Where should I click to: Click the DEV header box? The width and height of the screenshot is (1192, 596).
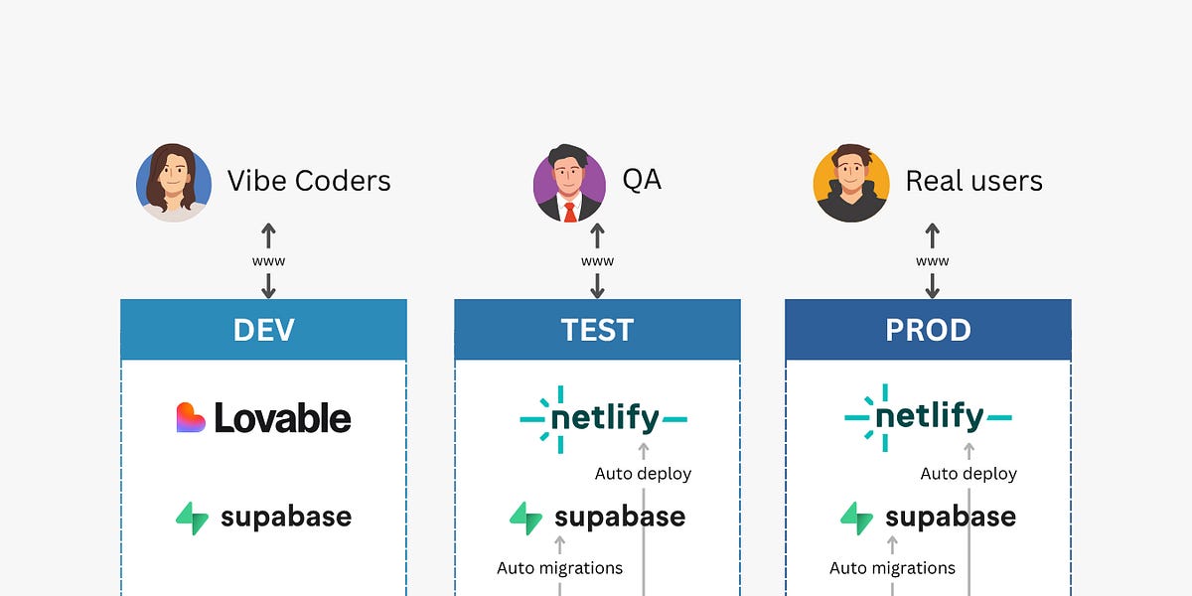[x=263, y=330]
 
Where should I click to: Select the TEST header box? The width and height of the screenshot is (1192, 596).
[x=597, y=330]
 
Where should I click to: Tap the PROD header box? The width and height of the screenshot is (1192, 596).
[x=928, y=330]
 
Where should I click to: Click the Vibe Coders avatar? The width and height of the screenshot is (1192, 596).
[x=174, y=182]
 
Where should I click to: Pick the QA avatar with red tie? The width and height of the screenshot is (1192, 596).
[x=570, y=185]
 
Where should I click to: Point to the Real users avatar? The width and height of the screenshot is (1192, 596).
[x=851, y=185]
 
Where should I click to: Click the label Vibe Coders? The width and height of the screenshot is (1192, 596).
[x=309, y=181]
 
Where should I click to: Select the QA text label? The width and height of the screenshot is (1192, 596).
[x=642, y=179]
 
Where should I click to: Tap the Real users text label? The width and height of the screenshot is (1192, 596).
[x=973, y=181]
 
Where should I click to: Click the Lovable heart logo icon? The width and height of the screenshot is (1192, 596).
[x=191, y=418]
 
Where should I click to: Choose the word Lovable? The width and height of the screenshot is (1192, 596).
[x=283, y=418]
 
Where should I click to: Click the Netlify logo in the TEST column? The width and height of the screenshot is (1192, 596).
[x=603, y=418]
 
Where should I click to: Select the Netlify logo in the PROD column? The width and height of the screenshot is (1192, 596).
[x=928, y=418]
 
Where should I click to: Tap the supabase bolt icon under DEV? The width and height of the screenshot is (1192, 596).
[x=193, y=518]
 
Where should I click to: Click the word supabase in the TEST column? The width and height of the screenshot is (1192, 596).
[x=620, y=518]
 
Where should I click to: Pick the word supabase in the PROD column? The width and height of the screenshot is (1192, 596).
[x=951, y=518]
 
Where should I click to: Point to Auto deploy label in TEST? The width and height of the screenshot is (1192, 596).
[x=643, y=474]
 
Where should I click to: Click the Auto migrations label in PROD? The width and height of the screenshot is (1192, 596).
[x=892, y=568]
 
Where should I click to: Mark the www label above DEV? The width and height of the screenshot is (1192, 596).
[x=268, y=261]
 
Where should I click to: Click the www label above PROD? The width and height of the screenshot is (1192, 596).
[x=932, y=261]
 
